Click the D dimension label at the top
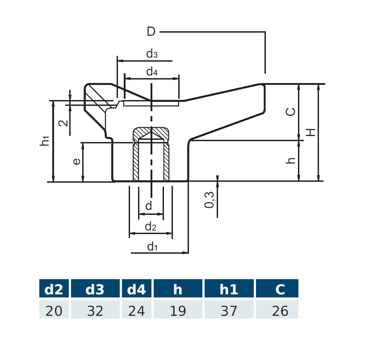coord(151,32)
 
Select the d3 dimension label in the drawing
coord(152,54)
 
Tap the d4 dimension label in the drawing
coord(152,71)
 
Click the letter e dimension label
coord(76,161)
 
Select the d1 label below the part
coord(152,246)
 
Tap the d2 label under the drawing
coord(151,227)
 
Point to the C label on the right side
coord(290,112)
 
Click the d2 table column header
coord(54,289)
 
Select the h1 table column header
coord(229,289)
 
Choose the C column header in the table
coord(280,289)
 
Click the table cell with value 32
coord(95,310)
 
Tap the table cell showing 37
coord(229,310)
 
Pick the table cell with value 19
coord(178,310)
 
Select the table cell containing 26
coord(280,310)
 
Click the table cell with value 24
coord(136,310)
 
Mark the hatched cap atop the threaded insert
coord(151,133)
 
